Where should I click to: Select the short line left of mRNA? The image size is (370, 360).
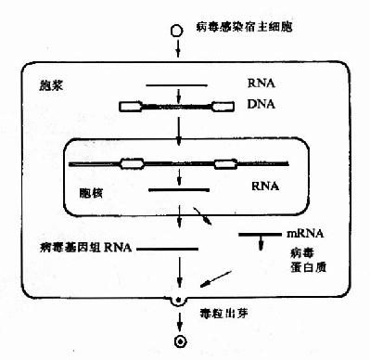tap(256, 234)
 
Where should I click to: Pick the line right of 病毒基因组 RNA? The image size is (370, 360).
tap(170, 249)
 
